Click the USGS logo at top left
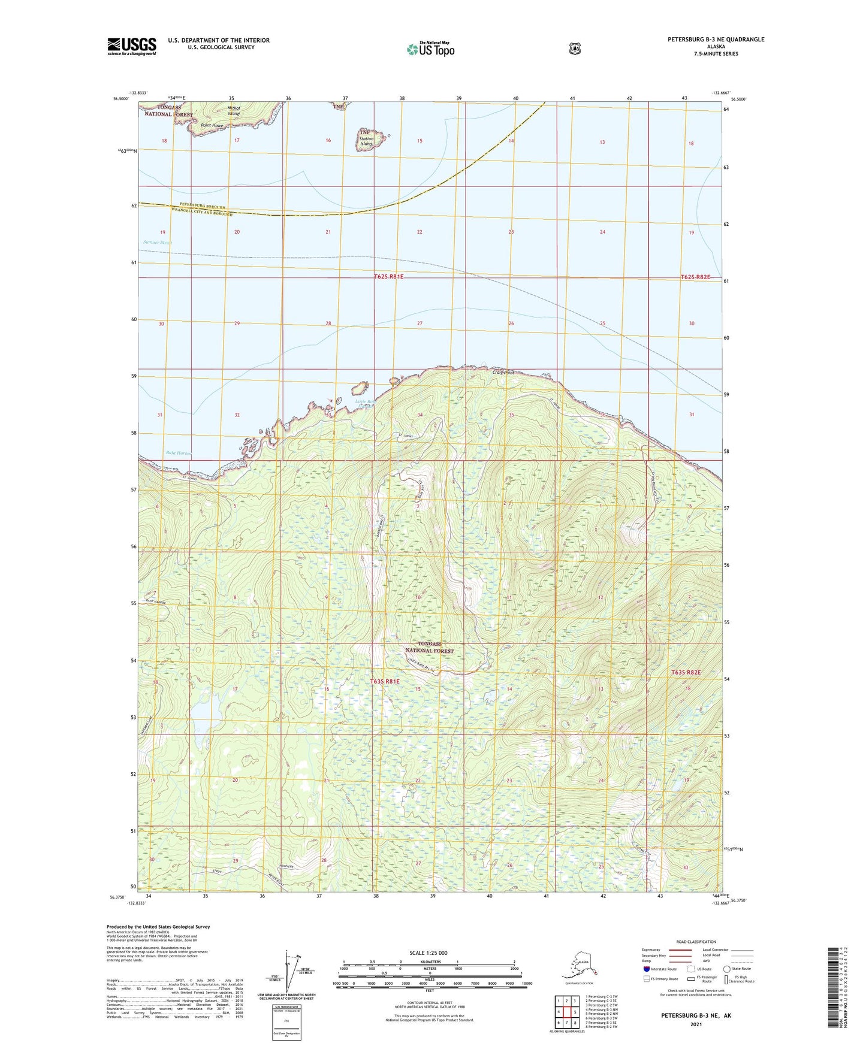click(x=131, y=46)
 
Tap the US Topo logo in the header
click(x=430, y=49)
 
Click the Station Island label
click(x=366, y=141)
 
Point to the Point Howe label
click(x=212, y=126)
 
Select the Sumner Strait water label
click(x=158, y=243)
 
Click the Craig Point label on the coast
click(x=503, y=373)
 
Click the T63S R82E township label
click(x=686, y=672)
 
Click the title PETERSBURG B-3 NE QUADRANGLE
click(x=716, y=40)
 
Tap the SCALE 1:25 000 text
click(x=428, y=953)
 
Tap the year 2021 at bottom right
click(x=695, y=1024)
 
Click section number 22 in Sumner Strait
click(x=420, y=232)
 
